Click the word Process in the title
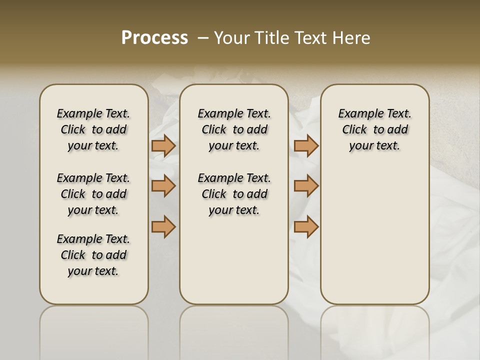(x=154, y=38)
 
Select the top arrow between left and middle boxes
(x=163, y=145)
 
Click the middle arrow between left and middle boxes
(x=163, y=186)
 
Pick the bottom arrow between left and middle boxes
(x=163, y=226)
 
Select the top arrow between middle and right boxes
(x=306, y=145)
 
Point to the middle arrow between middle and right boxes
(x=306, y=186)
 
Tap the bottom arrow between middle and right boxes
(x=306, y=226)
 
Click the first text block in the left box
(x=93, y=129)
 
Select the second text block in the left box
(x=93, y=194)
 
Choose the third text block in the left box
(x=93, y=255)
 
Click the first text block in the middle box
(x=234, y=129)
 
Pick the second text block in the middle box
(x=234, y=194)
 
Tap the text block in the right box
(x=374, y=129)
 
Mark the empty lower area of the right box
(x=374, y=235)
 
